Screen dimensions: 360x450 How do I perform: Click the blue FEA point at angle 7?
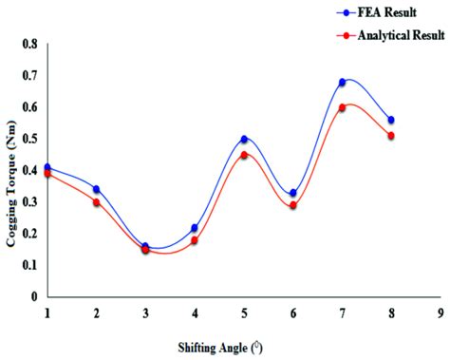[x=342, y=83]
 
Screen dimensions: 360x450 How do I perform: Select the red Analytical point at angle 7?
[x=342, y=107]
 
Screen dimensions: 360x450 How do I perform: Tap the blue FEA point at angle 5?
[x=244, y=140]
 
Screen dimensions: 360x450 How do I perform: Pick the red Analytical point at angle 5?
[x=244, y=155]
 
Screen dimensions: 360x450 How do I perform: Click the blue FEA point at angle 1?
[x=47, y=167]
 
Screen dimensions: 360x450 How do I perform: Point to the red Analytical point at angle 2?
[x=97, y=202]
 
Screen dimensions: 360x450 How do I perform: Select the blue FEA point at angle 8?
[x=391, y=120]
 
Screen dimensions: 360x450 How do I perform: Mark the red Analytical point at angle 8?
[x=391, y=136]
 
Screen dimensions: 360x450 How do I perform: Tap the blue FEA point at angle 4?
[x=195, y=228]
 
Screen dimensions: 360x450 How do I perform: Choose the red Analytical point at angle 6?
[x=293, y=205]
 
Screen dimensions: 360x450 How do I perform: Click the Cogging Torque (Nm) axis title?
[x=12, y=171]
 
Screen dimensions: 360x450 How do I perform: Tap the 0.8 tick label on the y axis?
[x=30, y=45]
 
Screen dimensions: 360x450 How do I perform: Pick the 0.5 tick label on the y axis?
[x=30, y=139]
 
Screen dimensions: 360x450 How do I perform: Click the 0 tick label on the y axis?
[x=35, y=296]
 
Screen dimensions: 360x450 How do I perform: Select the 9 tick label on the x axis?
[x=441, y=312]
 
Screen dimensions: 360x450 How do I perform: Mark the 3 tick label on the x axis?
[x=145, y=312]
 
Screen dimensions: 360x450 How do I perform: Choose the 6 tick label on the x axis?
[x=293, y=312]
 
